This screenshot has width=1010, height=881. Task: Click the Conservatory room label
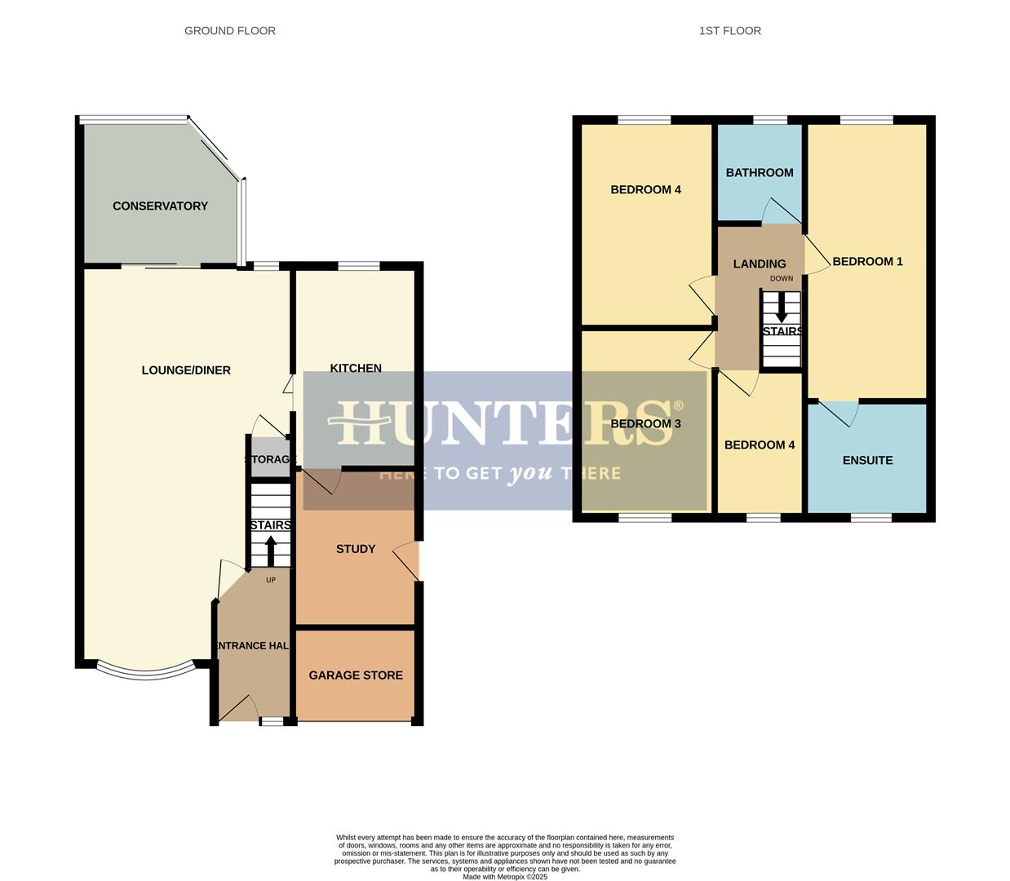(160, 206)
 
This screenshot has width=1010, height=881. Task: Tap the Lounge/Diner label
(186, 370)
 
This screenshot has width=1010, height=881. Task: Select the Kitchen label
(356, 368)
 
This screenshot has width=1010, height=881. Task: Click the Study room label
(356, 549)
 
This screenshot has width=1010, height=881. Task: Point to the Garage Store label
(356, 675)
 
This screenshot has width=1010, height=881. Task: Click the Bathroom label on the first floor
(760, 173)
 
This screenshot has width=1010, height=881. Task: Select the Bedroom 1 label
(867, 262)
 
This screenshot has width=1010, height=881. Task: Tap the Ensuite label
(867, 461)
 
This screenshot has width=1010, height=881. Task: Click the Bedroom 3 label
(645, 424)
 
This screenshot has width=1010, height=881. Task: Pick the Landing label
(760, 264)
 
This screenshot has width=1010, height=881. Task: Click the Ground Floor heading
(230, 31)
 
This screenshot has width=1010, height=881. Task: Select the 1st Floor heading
(730, 31)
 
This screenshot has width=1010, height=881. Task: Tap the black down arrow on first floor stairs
(782, 308)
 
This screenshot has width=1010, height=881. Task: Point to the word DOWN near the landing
(782, 279)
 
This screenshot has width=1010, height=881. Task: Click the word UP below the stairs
(271, 581)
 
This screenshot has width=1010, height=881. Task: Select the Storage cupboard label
(268, 460)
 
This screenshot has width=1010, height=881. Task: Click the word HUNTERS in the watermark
(506, 422)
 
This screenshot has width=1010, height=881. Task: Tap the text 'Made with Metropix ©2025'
(505, 877)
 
